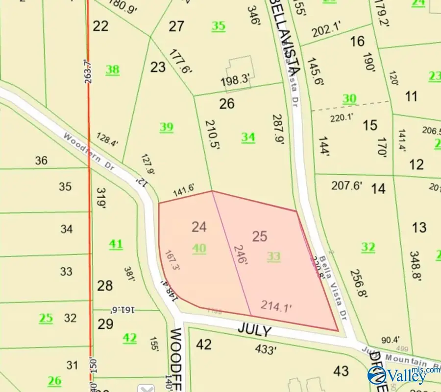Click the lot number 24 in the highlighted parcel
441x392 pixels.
coord(199,227)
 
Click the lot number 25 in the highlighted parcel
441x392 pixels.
coord(260,236)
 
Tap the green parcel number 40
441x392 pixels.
coord(199,249)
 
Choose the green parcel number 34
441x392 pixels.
coord(248,137)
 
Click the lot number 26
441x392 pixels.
coord(227,104)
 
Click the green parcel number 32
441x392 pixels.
coord(368,247)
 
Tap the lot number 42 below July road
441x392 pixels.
coord(203,345)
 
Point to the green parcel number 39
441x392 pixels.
coord(167,127)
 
